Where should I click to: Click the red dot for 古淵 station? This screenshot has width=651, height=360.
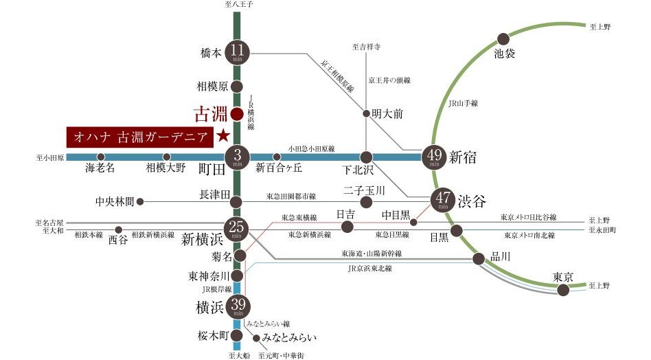[x=236, y=113]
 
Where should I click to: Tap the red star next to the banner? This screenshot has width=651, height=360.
[x=222, y=135]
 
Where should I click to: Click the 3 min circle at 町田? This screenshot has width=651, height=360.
[x=237, y=157]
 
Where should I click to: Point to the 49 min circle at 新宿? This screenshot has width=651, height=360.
[x=435, y=157]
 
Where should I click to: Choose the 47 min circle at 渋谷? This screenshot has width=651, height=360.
[x=442, y=200]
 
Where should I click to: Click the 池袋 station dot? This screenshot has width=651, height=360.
[x=503, y=38]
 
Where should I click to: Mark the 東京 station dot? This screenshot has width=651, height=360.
[x=563, y=291]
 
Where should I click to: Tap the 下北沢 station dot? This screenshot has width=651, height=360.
[x=367, y=157]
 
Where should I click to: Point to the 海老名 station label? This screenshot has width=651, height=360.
[x=100, y=168]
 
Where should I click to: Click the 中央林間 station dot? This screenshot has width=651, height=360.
[x=140, y=202]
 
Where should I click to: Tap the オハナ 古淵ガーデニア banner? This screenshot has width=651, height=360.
[x=137, y=136]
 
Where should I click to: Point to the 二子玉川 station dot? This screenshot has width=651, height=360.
[x=367, y=202]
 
